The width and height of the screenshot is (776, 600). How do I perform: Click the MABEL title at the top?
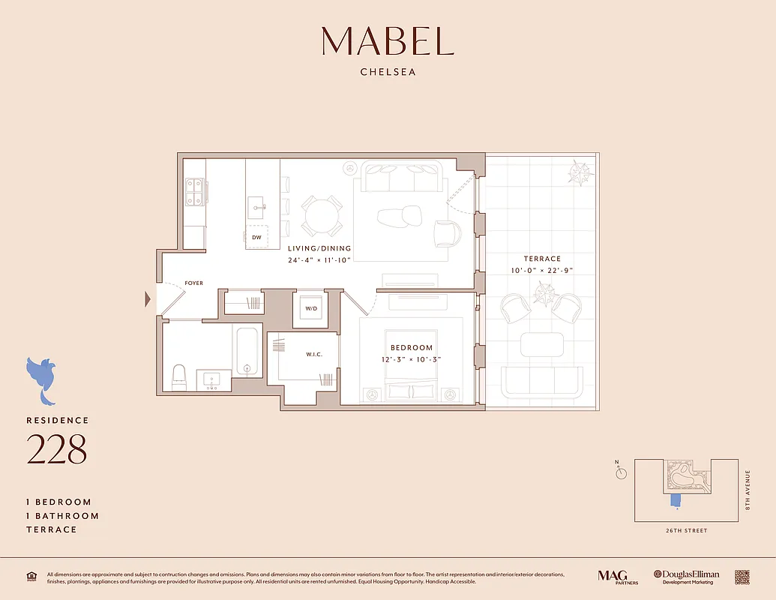[x=388, y=41]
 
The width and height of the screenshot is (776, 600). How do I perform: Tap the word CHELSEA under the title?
[x=388, y=73]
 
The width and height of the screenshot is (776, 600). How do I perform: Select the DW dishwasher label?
[x=256, y=237]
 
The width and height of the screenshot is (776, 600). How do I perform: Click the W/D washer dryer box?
[x=310, y=308]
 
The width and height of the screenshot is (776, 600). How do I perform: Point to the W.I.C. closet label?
[x=313, y=354]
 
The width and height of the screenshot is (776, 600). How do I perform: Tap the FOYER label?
[x=193, y=283]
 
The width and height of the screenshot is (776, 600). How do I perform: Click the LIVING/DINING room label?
[x=319, y=248]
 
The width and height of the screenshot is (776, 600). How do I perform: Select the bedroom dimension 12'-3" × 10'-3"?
[x=412, y=359]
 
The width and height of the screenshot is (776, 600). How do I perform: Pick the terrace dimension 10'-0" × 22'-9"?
[x=542, y=270]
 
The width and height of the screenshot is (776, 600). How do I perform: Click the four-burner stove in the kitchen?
[x=195, y=191]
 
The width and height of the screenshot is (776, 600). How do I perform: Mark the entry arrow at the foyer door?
[x=148, y=300]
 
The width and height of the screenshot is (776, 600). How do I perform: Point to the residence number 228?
[x=57, y=449]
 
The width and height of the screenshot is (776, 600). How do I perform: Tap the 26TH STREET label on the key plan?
[x=685, y=530]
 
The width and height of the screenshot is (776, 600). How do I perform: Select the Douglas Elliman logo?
[x=686, y=576]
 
